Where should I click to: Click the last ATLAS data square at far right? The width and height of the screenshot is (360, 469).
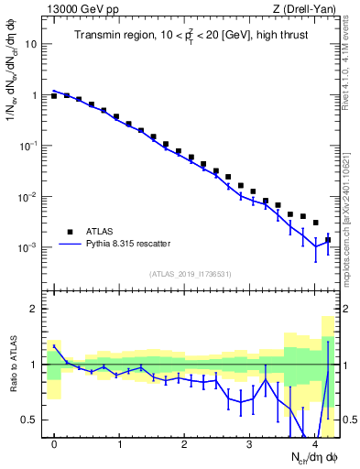[327, 240]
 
